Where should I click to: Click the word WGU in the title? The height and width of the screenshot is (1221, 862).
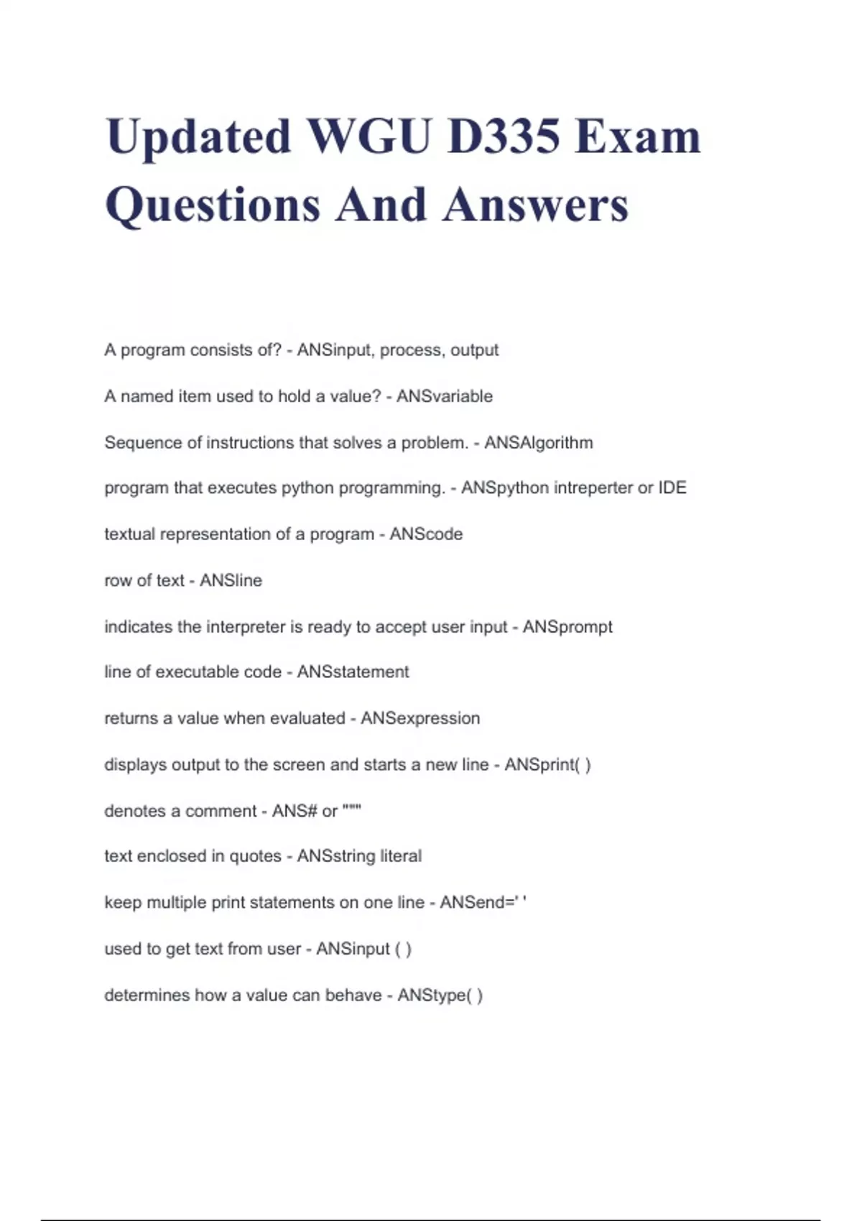coord(369,136)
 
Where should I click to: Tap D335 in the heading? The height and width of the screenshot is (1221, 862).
coord(503,136)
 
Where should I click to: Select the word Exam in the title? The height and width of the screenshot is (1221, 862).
coord(637,136)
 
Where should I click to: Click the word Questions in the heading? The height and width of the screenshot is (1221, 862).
coord(213,205)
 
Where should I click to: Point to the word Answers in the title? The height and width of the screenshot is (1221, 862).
coord(535,205)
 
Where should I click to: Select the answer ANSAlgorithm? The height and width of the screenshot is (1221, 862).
coord(538,442)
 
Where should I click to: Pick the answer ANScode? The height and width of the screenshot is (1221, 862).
coord(426,534)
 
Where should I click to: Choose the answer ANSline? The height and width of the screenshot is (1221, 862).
coord(231,580)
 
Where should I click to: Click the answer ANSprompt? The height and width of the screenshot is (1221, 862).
coord(567,626)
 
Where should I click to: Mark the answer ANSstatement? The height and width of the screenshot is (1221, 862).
coord(353,672)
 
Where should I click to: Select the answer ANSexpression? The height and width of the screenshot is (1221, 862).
coord(420,718)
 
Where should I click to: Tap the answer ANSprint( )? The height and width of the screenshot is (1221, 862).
coord(547,764)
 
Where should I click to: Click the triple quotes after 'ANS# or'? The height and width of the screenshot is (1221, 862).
coord(351,809)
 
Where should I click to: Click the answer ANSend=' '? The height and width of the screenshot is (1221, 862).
coord(483,902)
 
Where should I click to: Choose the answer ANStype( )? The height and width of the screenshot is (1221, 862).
coord(440,995)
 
